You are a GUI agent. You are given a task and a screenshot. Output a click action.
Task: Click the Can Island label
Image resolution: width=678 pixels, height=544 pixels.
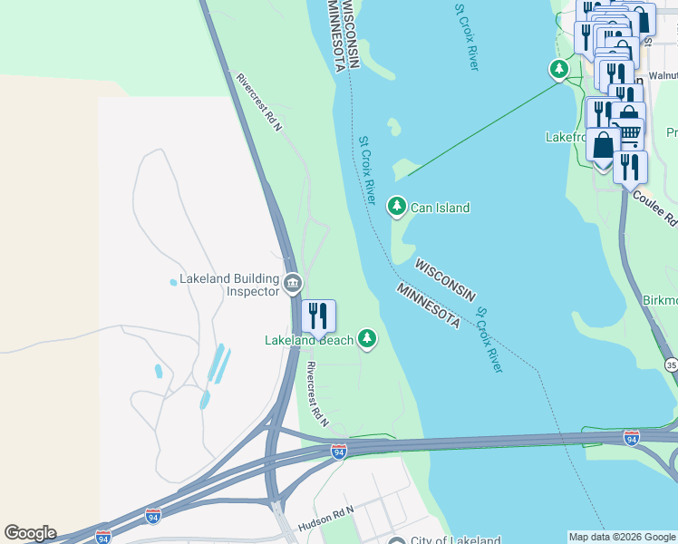[440, 208]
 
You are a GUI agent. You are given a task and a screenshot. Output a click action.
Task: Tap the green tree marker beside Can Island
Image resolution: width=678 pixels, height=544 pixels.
[396, 207]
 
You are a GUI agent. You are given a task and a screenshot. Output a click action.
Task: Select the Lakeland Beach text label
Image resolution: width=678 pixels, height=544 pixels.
[309, 341]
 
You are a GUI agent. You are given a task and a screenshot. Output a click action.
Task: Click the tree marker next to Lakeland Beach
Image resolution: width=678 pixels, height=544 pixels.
[367, 338]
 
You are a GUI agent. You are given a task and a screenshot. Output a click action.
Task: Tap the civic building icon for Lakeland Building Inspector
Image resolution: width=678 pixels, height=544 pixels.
[292, 284]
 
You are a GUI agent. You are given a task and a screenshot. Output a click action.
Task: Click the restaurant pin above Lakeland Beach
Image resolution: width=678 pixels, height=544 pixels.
[318, 316]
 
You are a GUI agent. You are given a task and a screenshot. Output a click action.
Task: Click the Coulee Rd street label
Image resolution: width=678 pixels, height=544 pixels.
[654, 207]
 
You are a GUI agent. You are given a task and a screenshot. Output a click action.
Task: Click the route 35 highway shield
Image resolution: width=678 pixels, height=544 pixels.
[671, 364]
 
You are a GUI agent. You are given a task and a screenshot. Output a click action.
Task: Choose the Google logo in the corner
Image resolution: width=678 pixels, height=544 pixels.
[29, 533]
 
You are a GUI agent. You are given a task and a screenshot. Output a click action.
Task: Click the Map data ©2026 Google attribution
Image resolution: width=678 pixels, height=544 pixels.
[622, 537]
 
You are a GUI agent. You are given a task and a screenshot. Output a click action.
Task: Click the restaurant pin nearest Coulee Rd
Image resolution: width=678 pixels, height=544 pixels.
[630, 168]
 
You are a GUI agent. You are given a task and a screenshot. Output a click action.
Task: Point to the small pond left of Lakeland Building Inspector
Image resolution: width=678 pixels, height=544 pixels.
[173, 282]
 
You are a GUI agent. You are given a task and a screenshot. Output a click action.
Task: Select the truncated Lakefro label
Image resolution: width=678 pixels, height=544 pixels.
[566, 137]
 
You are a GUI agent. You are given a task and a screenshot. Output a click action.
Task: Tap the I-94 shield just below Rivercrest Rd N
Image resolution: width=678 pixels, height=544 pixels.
[338, 451]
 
